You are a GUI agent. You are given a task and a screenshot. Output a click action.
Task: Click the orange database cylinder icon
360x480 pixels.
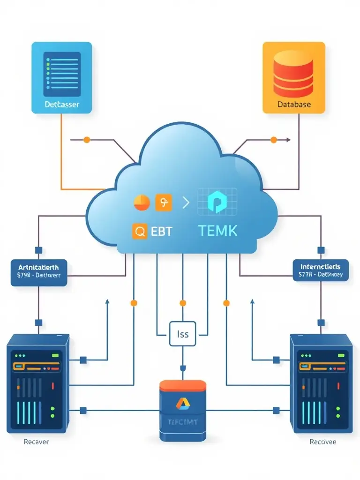coord(293,75)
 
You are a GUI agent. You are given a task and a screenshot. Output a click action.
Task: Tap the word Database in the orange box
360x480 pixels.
coord(293,104)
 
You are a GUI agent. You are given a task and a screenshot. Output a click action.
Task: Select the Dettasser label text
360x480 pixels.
coord(61,104)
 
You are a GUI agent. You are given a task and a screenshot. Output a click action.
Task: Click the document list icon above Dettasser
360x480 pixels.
coord(62,72)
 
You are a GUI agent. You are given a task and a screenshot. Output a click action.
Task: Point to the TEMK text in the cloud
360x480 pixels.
coord(217,231)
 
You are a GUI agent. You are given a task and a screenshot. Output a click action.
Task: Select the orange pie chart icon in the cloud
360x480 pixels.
coord(142,203)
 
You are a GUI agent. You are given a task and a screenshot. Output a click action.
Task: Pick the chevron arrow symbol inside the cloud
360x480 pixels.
coord(186,203)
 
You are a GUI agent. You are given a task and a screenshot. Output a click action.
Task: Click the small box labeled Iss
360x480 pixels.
coord(183,334)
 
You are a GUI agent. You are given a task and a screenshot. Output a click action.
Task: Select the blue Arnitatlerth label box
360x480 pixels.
coord(38,272)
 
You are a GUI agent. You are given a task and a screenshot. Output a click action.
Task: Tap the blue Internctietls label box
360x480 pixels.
coord(321,270)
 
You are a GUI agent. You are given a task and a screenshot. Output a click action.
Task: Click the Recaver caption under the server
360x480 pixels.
coord(36,442)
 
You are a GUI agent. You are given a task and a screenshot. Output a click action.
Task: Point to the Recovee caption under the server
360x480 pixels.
coord(323,442)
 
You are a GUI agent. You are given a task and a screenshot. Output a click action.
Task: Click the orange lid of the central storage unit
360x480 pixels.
coord(182,386)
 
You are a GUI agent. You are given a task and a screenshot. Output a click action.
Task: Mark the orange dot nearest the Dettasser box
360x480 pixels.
coord(86,140)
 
